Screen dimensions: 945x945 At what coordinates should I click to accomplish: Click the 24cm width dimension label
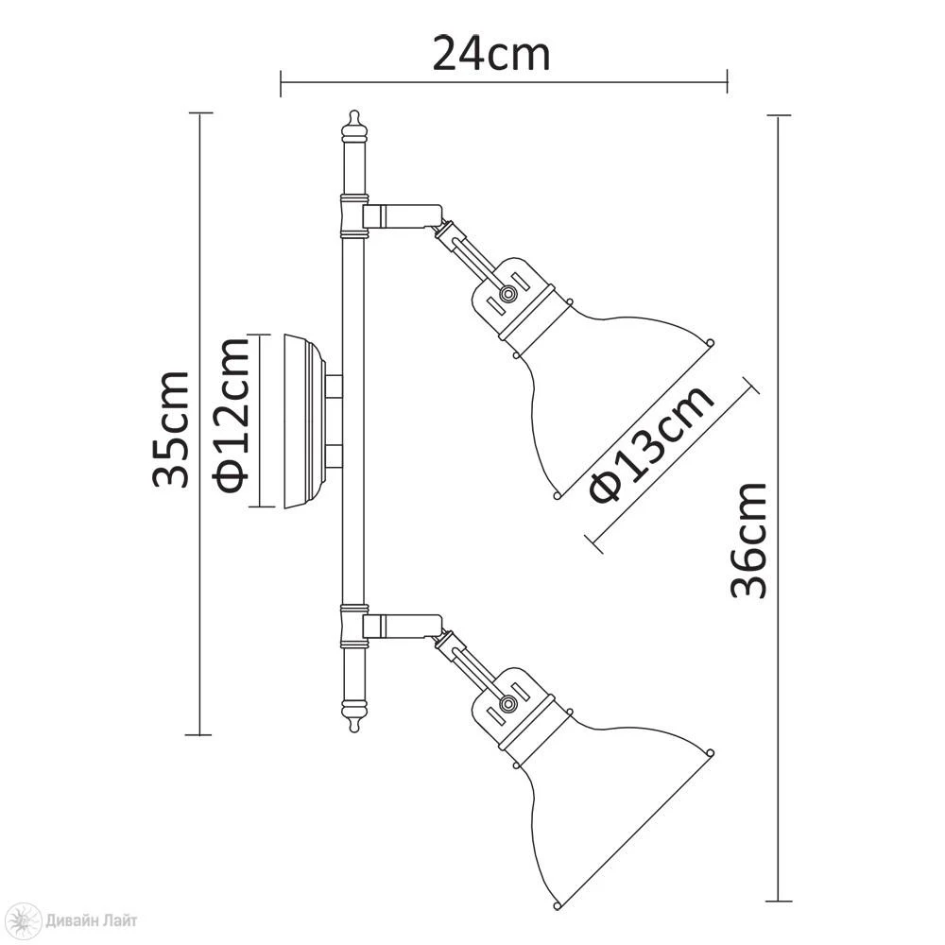pyautogui.click(x=491, y=55)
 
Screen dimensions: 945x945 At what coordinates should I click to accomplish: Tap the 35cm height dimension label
pyautogui.click(x=170, y=429)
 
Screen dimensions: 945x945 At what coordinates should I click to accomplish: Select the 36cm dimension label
pyautogui.click(x=748, y=540)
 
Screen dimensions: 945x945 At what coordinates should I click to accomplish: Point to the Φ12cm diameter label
pyautogui.click(x=231, y=416)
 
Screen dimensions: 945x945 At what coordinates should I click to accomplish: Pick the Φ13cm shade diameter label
pyautogui.click(x=651, y=443)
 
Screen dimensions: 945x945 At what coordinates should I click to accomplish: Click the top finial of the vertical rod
pyautogui.click(x=353, y=125)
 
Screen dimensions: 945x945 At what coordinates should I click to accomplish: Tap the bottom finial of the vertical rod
pyautogui.click(x=353, y=717)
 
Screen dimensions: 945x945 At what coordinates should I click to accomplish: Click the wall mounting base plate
pyautogui.click(x=304, y=421)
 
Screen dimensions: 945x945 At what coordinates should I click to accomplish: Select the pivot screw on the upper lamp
pyautogui.click(x=508, y=294)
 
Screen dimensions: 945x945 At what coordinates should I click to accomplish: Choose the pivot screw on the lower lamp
pyautogui.click(x=508, y=703)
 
